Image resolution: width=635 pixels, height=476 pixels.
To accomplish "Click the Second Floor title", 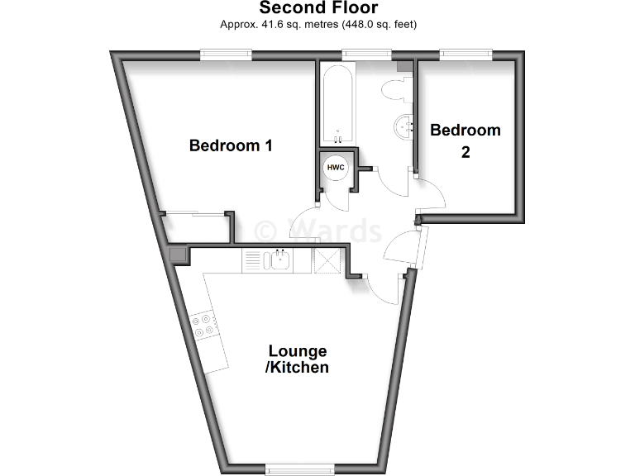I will (318, 8).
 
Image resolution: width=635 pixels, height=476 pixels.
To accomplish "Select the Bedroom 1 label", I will (231, 146).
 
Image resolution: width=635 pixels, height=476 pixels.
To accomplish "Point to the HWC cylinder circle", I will (336, 168).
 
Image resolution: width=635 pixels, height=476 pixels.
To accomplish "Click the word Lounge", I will (296, 351).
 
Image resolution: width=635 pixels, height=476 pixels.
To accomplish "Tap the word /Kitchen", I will (296, 368).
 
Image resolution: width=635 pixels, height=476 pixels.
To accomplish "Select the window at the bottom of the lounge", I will (299, 469).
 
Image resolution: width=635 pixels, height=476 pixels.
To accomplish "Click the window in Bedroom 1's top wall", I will (227, 55).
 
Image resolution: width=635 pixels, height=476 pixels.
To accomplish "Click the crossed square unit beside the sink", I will (325, 261).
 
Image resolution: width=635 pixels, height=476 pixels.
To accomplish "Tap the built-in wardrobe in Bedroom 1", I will (197, 227).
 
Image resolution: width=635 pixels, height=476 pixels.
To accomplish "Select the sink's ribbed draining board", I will (252, 261).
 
